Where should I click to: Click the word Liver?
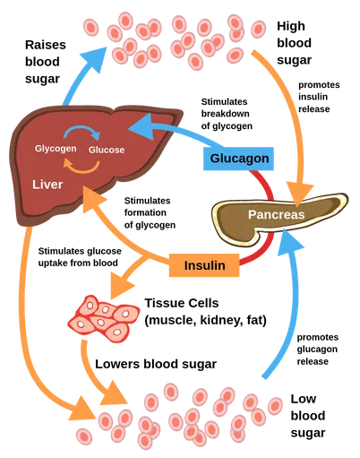(47, 184)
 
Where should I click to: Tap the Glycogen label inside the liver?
(56, 148)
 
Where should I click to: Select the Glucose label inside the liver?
(107, 150)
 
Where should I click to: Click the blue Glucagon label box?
(239, 159)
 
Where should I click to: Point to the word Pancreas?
(276, 215)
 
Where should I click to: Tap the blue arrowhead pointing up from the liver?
(92, 56)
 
